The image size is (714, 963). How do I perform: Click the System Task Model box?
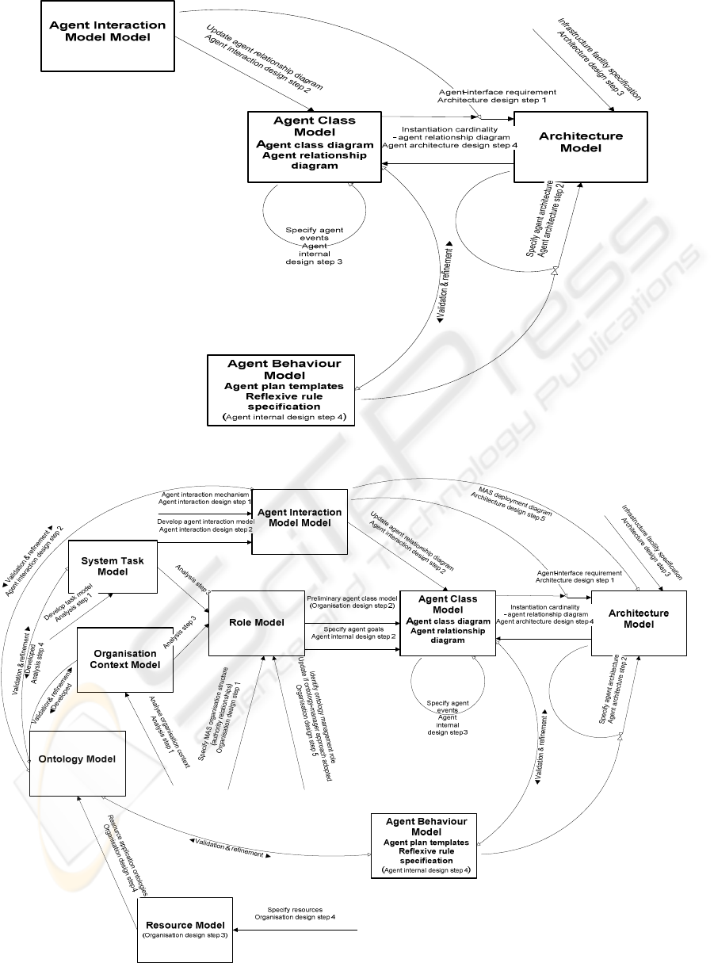[x=113, y=566]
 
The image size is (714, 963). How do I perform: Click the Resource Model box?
[x=185, y=928]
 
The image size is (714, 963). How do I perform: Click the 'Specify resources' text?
[x=294, y=911]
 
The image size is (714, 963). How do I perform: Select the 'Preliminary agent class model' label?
[x=351, y=598]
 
